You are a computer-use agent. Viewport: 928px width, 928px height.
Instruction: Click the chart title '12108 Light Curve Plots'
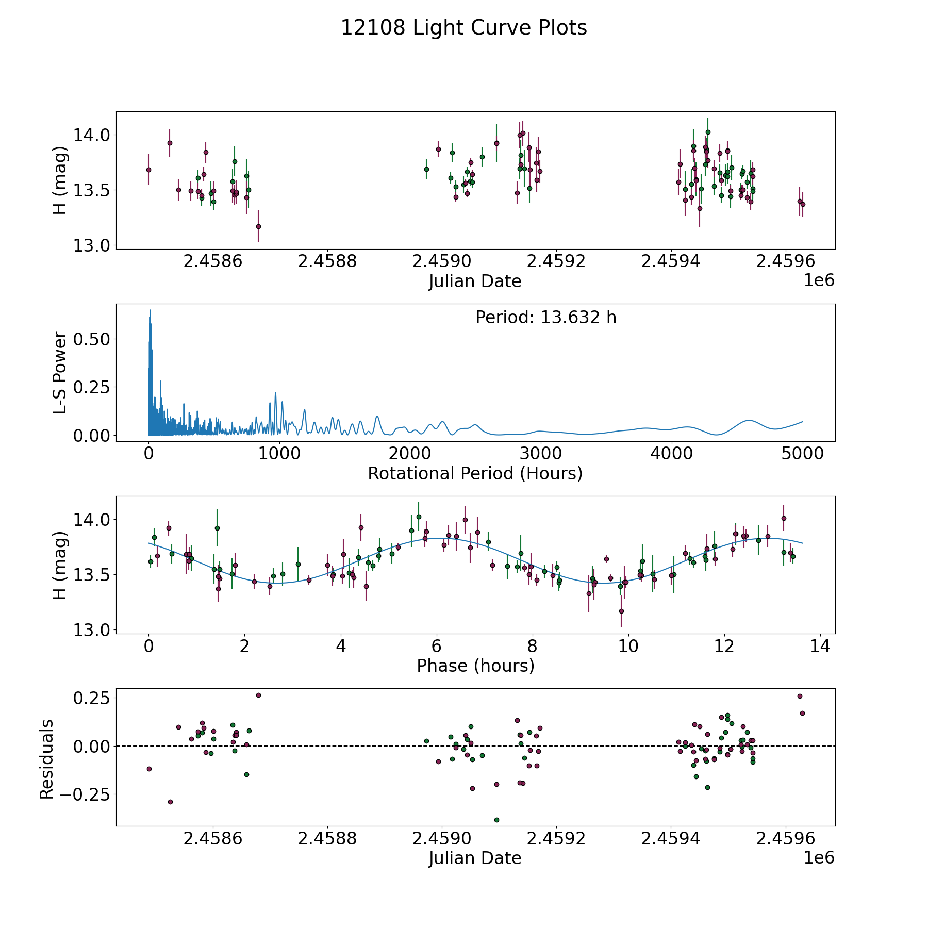point(463,28)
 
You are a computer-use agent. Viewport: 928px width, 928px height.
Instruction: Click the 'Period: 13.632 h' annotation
point(545,318)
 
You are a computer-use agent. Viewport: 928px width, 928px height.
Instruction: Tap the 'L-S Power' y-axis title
point(60,372)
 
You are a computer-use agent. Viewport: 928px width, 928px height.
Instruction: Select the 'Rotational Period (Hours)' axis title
point(475,473)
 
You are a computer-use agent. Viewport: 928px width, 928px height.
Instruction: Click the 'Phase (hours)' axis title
point(475,666)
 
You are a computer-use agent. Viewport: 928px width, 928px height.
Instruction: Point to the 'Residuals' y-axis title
point(47,759)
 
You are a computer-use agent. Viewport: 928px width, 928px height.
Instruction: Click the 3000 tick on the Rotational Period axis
point(541,454)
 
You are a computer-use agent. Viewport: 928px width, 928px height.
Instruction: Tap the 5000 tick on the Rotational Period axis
point(802,454)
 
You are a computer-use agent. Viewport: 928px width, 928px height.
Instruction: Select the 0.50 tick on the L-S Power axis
point(92,339)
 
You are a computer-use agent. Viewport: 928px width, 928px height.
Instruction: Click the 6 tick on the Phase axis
point(437,646)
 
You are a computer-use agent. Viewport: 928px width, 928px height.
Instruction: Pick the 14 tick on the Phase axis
point(820,646)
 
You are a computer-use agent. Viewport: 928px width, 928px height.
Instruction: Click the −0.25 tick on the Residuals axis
point(84,794)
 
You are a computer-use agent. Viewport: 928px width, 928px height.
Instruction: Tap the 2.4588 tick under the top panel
point(327,261)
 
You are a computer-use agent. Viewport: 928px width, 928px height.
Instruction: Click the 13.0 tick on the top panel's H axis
point(92,245)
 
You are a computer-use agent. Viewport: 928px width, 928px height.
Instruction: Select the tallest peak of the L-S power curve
point(150,310)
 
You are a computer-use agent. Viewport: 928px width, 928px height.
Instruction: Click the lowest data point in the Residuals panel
point(496,820)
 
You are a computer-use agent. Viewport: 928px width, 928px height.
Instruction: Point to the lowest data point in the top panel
point(258,226)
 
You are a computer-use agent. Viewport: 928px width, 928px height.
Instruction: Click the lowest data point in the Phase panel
point(621,611)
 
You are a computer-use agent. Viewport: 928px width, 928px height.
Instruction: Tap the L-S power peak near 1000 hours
point(275,393)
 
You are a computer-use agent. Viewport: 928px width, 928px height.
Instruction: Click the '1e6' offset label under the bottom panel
point(819,857)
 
